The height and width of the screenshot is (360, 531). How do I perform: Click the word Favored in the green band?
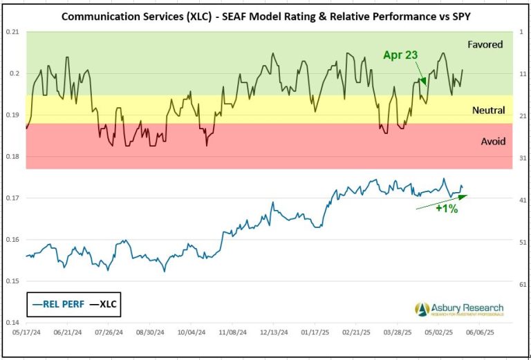click(485, 44)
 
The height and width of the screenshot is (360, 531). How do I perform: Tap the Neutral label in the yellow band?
click(488, 110)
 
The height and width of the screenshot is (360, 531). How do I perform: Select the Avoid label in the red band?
click(493, 141)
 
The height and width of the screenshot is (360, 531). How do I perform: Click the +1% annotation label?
click(447, 208)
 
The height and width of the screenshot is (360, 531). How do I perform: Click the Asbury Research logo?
click(459, 309)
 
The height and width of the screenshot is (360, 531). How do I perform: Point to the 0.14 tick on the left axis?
click(12, 323)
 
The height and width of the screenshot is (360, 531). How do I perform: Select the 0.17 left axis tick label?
click(12, 198)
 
